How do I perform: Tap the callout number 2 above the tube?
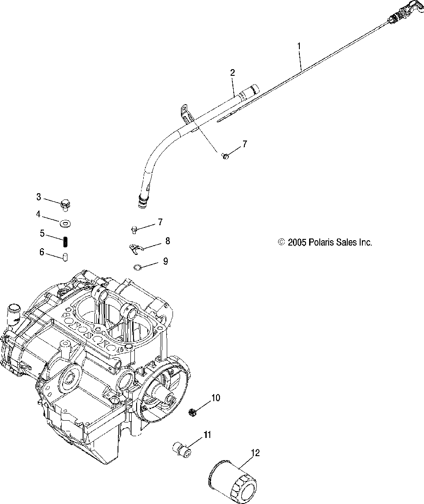point(232,72)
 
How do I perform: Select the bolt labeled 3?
point(67,204)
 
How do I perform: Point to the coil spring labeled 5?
point(65,241)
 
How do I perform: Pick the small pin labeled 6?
point(65,257)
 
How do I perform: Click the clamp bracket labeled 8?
point(134,249)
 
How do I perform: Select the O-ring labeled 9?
point(138,266)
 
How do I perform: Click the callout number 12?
point(255,453)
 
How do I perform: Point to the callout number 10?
point(215,398)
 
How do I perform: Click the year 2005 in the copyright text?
point(296,242)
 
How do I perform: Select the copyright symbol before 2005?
point(281,242)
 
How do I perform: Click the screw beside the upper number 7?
point(225,155)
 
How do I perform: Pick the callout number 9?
point(165,261)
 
